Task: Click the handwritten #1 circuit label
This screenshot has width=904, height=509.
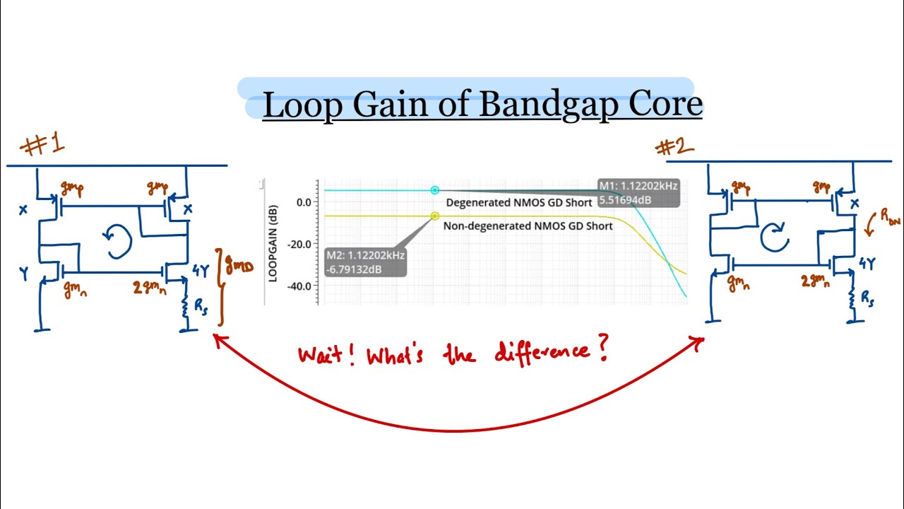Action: (x=44, y=144)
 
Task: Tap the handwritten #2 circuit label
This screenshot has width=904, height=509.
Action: (x=674, y=147)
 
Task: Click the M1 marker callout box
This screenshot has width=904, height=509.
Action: (x=638, y=193)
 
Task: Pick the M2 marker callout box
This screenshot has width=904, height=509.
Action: (x=365, y=262)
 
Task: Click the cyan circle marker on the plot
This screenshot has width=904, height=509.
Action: (x=435, y=190)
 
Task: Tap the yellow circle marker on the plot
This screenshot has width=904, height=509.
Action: (x=435, y=216)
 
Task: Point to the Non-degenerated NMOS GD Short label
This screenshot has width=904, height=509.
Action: (x=528, y=227)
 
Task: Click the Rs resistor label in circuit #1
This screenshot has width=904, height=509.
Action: (x=201, y=306)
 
